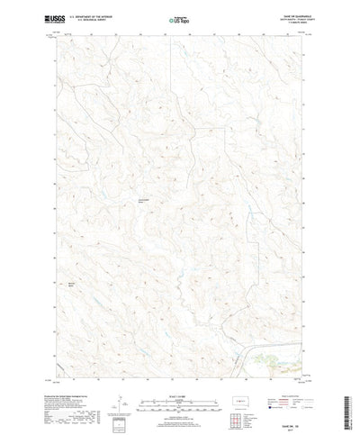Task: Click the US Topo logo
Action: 178,16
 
